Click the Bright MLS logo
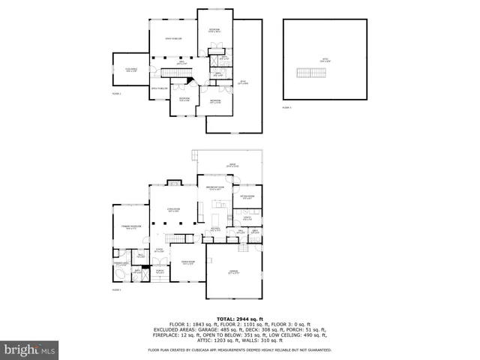30,349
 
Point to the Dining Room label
187,262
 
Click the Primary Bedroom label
131,226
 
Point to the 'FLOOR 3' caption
286,108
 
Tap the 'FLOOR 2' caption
116,94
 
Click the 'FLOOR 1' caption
116,289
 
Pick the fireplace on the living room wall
174,181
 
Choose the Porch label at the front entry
160,272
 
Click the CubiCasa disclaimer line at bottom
240,349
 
